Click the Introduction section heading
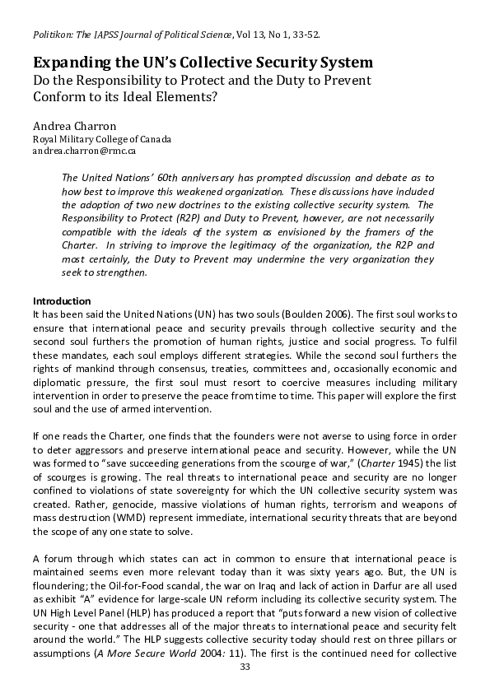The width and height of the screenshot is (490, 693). [61, 301]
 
